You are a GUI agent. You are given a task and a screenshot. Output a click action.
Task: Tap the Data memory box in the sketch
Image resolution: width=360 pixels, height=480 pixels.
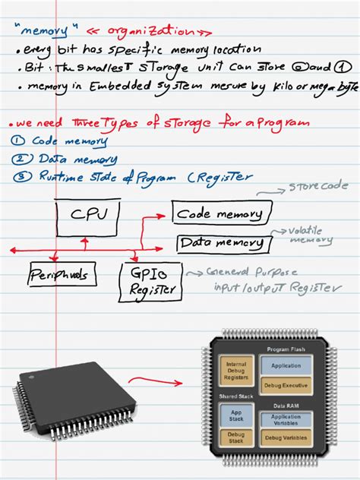(x=222, y=244)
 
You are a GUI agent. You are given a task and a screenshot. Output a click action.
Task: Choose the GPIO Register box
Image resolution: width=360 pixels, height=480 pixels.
(x=150, y=279)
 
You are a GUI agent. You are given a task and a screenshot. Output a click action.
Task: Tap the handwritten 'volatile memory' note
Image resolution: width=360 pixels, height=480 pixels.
(x=309, y=235)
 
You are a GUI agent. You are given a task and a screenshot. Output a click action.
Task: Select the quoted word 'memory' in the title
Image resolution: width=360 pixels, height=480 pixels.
(x=48, y=31)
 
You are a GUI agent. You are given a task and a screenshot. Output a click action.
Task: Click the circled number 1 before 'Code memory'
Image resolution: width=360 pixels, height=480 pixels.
(x=19, y=141)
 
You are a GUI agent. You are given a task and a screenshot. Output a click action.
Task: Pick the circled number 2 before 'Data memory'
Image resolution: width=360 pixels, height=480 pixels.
(x=20, y=159)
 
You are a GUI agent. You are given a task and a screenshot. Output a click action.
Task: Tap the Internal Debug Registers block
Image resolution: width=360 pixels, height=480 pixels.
(x=236, y=371)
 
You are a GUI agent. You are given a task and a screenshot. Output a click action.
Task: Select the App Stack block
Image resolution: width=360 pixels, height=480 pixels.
(x=236, y=416)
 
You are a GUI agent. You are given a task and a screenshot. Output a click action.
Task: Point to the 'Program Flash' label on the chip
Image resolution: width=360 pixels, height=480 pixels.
(x=286, y=349)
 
